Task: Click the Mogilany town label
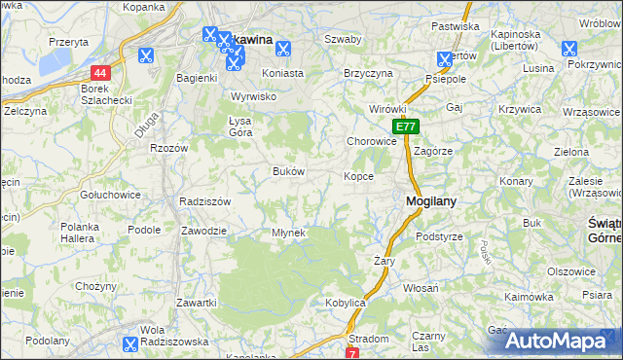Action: coord(431,201)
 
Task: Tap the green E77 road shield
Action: coord(407,126)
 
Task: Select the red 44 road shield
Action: coord(101,73)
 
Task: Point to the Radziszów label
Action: coord(204,201)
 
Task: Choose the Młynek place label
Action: coord(289,233)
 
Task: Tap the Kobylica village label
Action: coord(345,304)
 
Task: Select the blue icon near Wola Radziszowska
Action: coord(129,342)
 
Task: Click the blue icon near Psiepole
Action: coord(445,58)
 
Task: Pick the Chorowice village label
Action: coord(372,141)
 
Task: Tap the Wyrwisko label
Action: coord(254,96)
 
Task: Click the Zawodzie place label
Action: coord(204,231)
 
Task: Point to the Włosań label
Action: coord(421,288)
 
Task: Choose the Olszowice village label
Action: coord(570,271)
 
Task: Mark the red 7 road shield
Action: coord(351,352)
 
